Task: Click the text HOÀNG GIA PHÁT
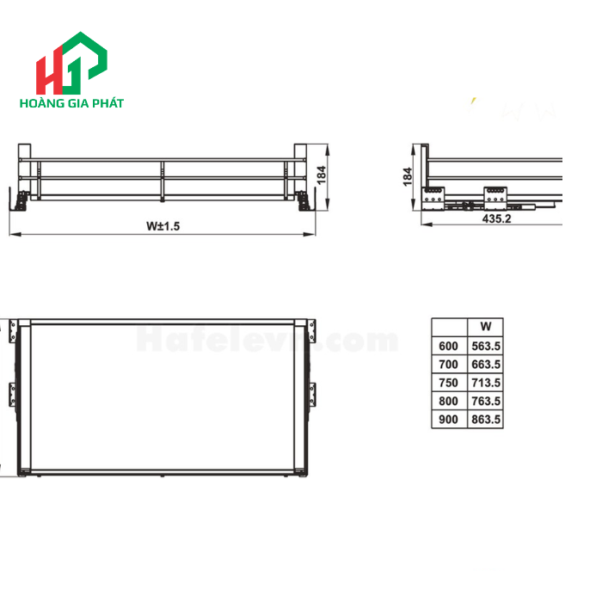pos(71,103)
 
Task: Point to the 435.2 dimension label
pos(496,219)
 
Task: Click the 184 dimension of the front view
pos(322,175)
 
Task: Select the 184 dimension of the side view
pos(408,176)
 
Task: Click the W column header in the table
pos(485,327)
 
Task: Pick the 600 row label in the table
pos(449,346)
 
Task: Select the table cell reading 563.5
pos(486,346)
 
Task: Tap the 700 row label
pos(449,364)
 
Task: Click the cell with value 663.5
pos(486,364)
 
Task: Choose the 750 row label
pos(449,383)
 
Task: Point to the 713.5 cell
pos(486,383)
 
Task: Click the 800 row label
pos(449,402)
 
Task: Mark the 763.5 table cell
pos(486,402)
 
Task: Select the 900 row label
pos(449,420)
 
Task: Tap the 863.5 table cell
pos(486,420)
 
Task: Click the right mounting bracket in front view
pos(304,199)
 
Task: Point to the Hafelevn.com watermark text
pos(267,341)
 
